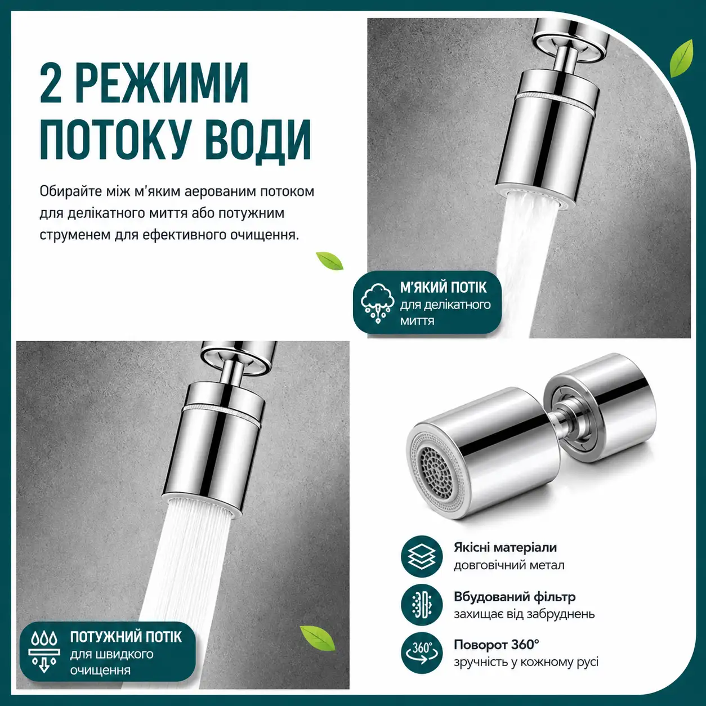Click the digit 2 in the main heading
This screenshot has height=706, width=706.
click(51, 83)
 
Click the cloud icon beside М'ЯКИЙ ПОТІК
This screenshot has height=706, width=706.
click(377, 303)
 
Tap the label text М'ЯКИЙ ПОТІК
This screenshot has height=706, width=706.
click(443, 288)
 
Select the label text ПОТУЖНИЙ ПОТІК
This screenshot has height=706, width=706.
click(126, 637)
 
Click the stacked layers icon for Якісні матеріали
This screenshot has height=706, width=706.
click(422, 557)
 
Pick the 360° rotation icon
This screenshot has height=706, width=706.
click(422, 653)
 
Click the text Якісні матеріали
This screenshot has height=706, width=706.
click(505, 547)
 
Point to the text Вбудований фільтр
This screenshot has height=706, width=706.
click(515, 597)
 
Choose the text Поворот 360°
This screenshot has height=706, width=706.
click(497, 645)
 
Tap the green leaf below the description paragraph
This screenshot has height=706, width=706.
click(330, 261)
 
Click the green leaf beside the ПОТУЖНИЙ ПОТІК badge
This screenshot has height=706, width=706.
click(318, 638)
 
